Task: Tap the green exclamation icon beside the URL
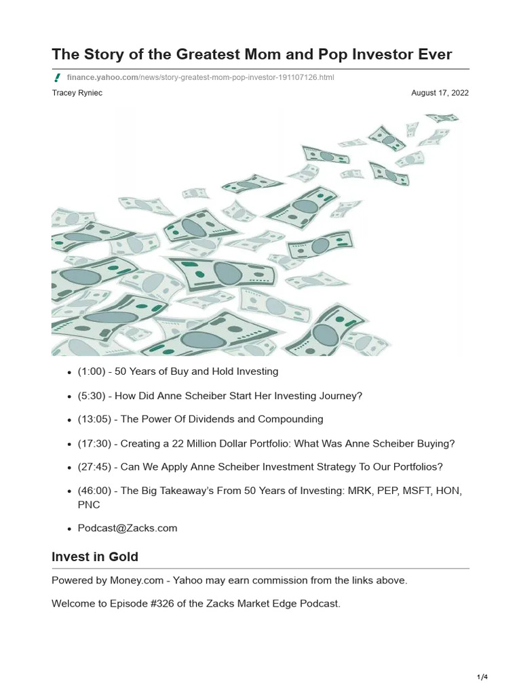[58, 78]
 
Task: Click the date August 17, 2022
[440, 93]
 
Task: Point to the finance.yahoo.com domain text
[102, 78]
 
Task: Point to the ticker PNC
[89, 505]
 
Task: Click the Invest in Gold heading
[95, 557]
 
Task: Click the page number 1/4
[482, 677]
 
